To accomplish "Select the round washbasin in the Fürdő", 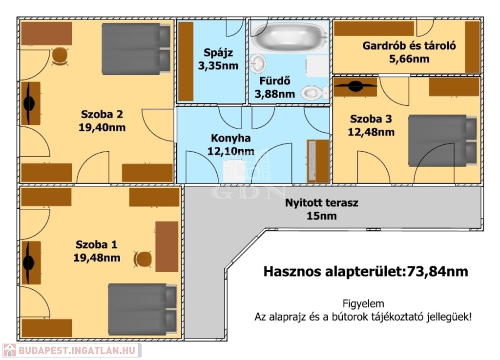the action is pyautogui.click(x=258, y=63).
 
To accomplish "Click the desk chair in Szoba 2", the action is pyautogui.click(x=60, y=56).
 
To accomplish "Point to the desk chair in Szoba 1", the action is pyautogui.click(x=143, y=260).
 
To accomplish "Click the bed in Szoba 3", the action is pyautogui.click(x=442, y=140).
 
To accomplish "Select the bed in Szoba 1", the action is pyautogui.click(x=142, y=309).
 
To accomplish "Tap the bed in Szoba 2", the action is pyautogui.click(x=136, y=49).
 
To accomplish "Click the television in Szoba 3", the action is pyautogui.click(x=355, y=86).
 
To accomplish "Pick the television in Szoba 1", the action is pyautogui.click(x=29, y=262).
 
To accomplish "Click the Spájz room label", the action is pyautogui.click(x=218, y=53).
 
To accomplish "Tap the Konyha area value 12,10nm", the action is pyautogui.click(x=230, y=151).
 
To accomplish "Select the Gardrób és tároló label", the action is pyautogui.click(x=409, y=46).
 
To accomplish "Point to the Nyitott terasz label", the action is pyautogui.click(x=322, y=202).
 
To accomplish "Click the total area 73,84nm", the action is pyautogui.click(x=437, y=271).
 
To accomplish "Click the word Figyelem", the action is pyautogui.click(x=363, y=303).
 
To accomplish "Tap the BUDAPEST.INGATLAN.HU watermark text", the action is pyautogui.click(x=77, y=351).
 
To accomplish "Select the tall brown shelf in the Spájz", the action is pyautogui.click(x=186, y=61).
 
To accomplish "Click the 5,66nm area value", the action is pyautogui.click(x=409, y=59).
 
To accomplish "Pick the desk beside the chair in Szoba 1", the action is pyautogui.click(x=167, y=246).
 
